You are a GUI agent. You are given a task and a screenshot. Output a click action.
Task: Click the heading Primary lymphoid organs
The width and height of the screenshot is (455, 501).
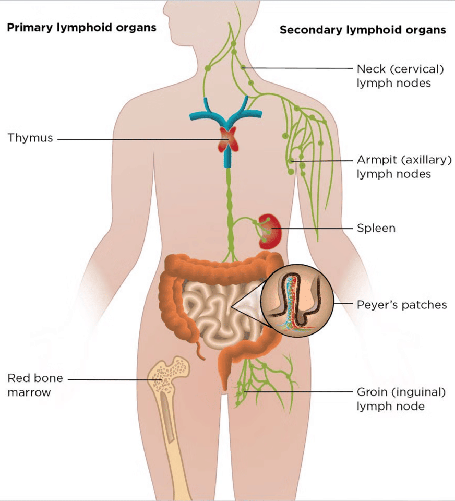coord(81,28)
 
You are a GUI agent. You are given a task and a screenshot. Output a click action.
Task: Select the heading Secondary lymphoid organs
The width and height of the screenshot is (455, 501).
coord(363,30)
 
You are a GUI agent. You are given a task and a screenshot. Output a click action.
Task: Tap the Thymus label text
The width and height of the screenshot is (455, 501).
coord(30,138)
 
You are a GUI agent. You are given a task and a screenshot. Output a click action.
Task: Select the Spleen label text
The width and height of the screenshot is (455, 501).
coord(376,228)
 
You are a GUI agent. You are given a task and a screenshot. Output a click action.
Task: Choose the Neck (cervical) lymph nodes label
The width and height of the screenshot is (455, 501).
coord(401,76)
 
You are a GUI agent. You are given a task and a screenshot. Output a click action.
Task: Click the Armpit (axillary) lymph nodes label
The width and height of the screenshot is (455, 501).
coord(403,167)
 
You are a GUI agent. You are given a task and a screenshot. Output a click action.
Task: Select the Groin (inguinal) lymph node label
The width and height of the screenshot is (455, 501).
coord(401,399)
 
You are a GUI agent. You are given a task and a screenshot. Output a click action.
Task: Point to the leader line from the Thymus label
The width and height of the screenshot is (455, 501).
coord(136,139)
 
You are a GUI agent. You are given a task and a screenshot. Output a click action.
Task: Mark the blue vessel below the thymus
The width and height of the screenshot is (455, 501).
coord(227,159)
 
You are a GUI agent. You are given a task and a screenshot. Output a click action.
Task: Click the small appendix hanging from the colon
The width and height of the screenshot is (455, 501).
coord(200,350)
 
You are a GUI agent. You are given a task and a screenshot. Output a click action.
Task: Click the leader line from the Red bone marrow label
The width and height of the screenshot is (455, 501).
coord(110,379)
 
